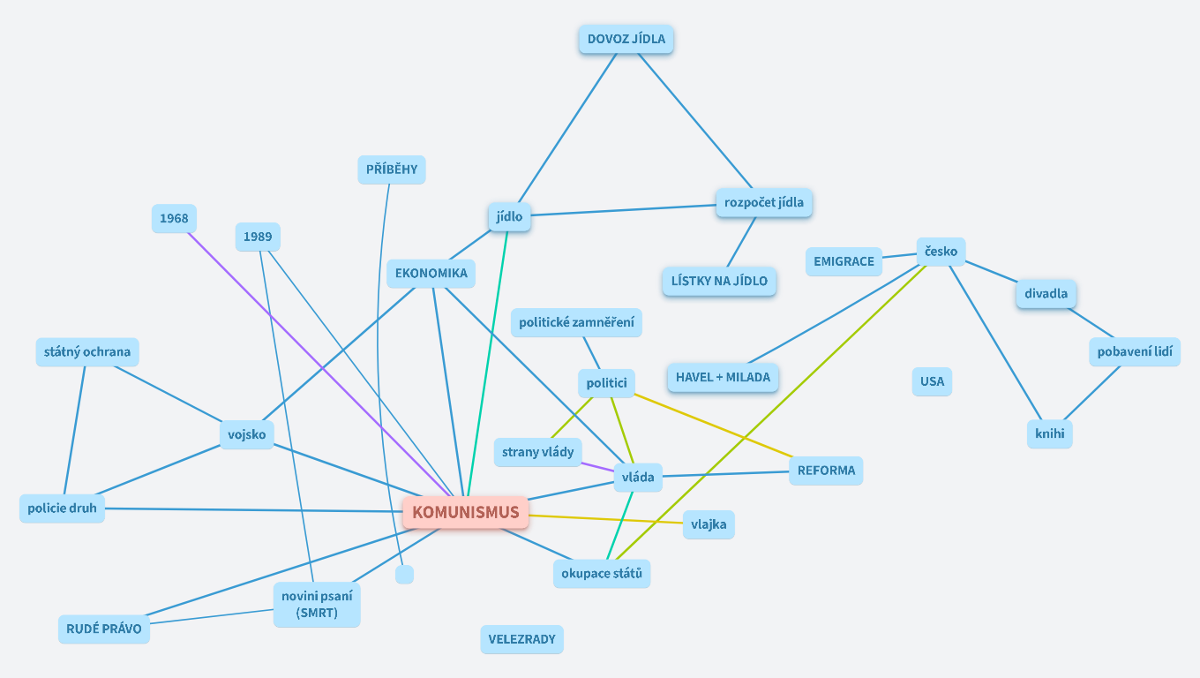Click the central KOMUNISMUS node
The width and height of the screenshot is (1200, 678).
465,513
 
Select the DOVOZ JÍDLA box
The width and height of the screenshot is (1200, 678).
626,40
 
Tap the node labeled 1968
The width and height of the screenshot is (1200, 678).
174,219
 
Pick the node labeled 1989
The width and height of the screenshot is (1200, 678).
258,237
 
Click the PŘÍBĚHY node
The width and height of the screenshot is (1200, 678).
392,169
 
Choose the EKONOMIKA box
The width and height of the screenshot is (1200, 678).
431,273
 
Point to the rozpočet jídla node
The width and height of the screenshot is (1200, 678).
763,202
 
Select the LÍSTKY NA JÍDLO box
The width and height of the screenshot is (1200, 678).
719,282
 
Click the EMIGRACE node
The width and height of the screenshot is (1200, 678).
844,261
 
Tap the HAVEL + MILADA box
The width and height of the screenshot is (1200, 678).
723,377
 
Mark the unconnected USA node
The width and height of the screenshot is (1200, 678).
932,381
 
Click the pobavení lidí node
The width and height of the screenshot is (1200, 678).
1134,351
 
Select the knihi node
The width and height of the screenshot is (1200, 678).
1049,433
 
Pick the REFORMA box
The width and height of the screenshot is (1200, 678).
826,471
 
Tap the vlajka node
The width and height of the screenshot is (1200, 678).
709,524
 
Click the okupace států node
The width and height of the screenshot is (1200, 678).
602,574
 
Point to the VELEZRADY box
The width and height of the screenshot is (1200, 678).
521,639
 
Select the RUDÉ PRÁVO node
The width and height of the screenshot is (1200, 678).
104,629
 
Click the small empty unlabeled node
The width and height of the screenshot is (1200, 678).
404,574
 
